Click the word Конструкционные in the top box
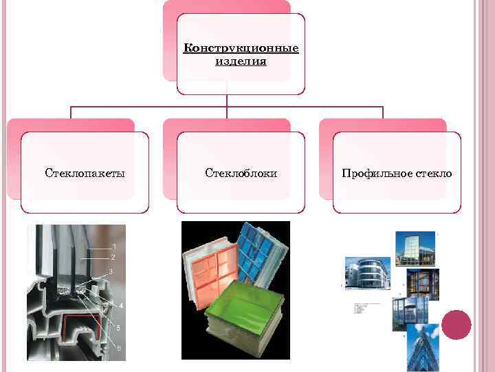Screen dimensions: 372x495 tap(241, 49)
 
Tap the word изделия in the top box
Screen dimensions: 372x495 tap(241, 61)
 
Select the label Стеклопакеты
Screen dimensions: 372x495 tap(85, 173)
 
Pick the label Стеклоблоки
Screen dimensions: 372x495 tap(241, 173)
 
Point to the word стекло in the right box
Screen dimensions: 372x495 tap(434, 173)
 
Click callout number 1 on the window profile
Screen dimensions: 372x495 tap(114, 246)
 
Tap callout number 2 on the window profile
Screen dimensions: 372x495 tap(113, 257)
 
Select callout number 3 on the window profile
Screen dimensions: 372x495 tap(111, 272)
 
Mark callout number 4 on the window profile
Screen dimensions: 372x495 tap(121, 304)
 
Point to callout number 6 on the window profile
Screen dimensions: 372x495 tap(118, 348)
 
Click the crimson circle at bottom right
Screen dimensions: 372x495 tap(456, 324)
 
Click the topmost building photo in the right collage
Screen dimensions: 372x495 tap(415, 248)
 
